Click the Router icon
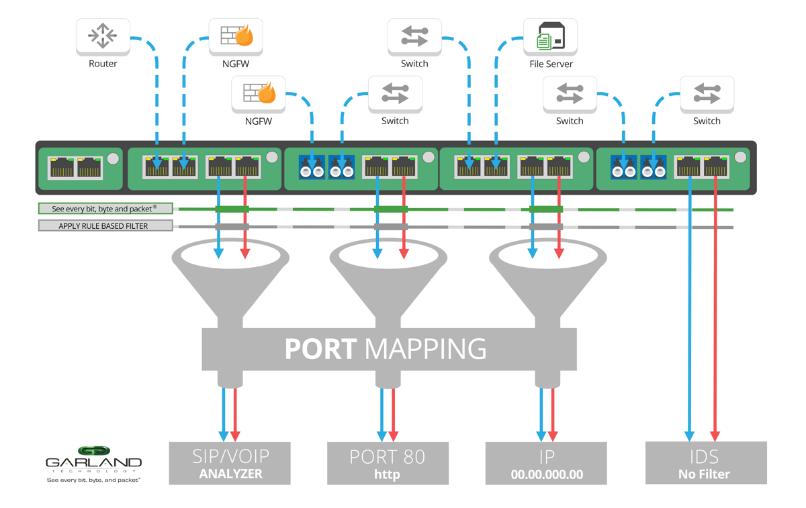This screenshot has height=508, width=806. point(102,36)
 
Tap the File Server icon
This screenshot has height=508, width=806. point(550,36)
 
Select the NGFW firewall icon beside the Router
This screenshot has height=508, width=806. point(236,36)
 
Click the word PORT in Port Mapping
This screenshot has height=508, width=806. point(320,349)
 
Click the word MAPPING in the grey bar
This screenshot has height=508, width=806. point(425,349)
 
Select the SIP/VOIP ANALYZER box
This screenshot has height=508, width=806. point(230,463)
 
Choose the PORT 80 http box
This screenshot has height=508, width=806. point(388,463)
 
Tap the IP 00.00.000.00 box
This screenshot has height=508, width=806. point(546,463)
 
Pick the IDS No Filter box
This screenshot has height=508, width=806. point(705,462)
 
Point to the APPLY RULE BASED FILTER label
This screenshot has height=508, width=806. point(105,226)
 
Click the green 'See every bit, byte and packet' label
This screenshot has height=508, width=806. point(105,209)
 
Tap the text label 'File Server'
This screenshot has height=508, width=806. point(550,64)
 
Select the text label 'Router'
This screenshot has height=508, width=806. point(103,64)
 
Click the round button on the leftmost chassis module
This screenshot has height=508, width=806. point(113,158)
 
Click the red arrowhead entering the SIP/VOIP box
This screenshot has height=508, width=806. point(235,436)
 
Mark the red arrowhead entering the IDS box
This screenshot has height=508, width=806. point(715,436)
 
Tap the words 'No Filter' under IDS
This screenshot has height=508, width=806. point(705,474)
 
